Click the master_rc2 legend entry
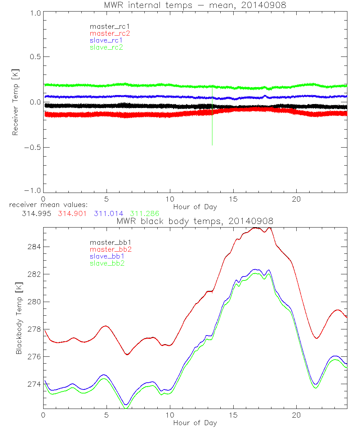[110, 33]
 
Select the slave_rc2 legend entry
[106, 47]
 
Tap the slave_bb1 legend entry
[106, 257]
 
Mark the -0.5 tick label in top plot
[33, 147]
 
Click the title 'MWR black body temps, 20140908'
[195, 221]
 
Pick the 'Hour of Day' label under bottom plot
[195, 423]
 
